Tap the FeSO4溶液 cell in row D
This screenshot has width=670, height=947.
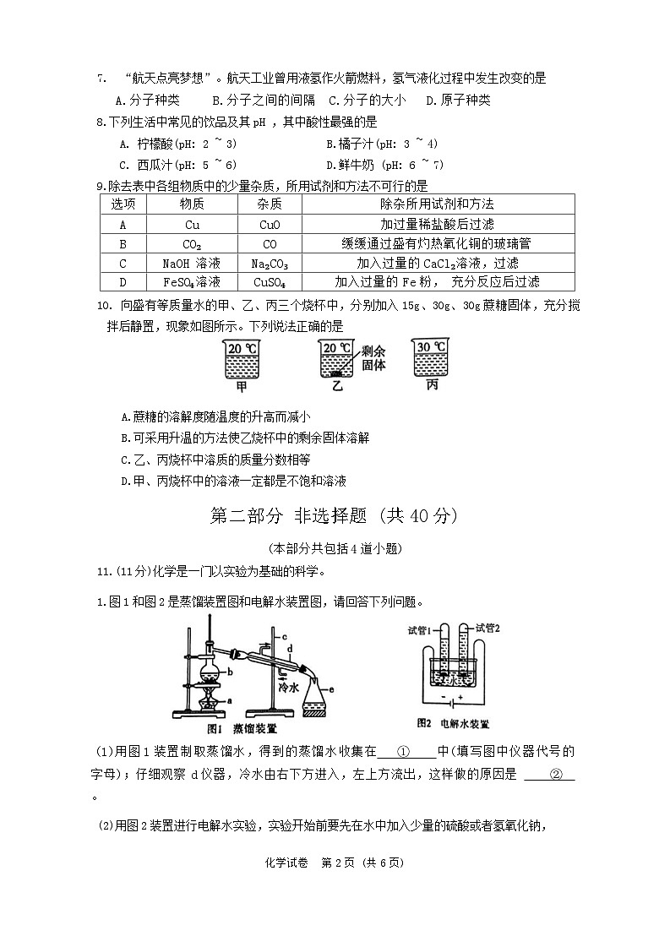pyautogui.click(x=191, y=282)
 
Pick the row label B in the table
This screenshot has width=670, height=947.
pyautogui.click(x=123, y=244)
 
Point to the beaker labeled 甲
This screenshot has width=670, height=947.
pyautogui.click(x=242, y=360)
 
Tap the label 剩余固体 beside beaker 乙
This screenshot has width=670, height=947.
pyautogui.click(x=373, y=358)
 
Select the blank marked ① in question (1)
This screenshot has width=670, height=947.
pyautogui.click(x=404, y=751)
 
